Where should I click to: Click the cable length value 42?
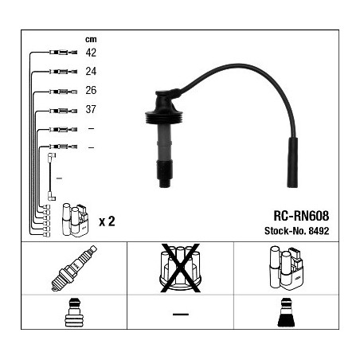click(91, 53)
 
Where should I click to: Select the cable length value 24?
click(91, 71)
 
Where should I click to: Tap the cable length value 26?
click(91, 90)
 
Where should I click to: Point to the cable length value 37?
click(91, 109)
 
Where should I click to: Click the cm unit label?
click(91, 39)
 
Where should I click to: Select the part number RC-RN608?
click(301, 216)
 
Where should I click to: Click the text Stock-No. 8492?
click(296, 231)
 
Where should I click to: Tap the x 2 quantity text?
click(107, 221)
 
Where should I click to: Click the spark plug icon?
click(74, 268)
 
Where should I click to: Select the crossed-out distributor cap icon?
click(180, 268)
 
